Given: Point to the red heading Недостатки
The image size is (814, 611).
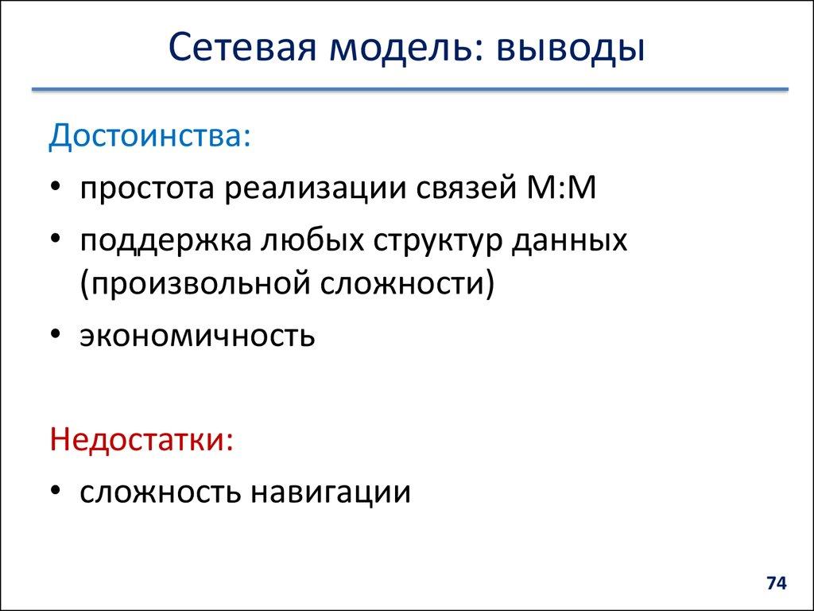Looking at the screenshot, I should (x=141, y=438).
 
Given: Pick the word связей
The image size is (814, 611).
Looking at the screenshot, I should (x=468, y=190).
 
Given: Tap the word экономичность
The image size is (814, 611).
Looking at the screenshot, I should (x=197, y=336).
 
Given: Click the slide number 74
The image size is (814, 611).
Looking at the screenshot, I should (x=776, y=584).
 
